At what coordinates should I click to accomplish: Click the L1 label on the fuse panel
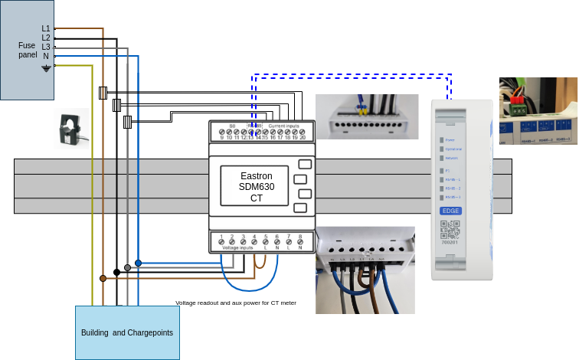pyautogui.click(x=46, y=28)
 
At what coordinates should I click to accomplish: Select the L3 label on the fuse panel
pyautogui.click(x=46, y=47)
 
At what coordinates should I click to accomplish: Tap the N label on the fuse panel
pyautogui.click(x=46, y=56)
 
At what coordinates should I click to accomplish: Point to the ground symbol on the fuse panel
pyautogui.click(x=46, y=68)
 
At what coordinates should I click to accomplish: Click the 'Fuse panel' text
pyautogui.click(x=27, y=51)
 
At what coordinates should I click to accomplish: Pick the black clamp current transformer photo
pyautogui.click(x=73, y=128)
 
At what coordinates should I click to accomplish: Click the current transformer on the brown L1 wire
pyautogui.click(x=103, y=93)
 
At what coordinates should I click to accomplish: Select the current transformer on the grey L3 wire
pyautogui.click(x=127, y=120)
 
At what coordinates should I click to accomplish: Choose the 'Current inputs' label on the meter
pyautogui.click(x=284, y=125)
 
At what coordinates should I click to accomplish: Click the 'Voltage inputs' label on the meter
pyautogui.click(x=237, y=248)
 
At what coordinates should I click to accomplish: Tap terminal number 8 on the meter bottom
pyautogui.click(x=300, y=237)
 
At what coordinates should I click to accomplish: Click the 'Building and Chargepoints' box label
pyautogui.click(x=127, y=333)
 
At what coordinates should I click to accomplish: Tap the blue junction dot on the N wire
pyautogui.click(x=138, y=263)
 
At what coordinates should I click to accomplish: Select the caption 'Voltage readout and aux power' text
pyautogui.click(x=236, y=303)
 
